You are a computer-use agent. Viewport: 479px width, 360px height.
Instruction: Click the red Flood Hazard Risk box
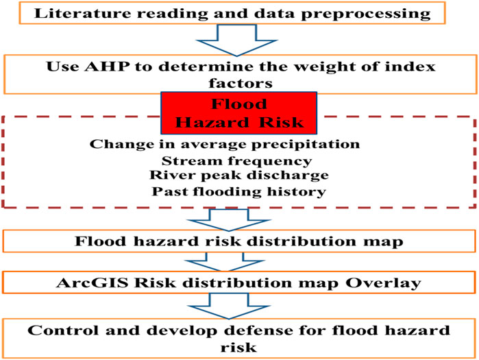[x=239, y=113]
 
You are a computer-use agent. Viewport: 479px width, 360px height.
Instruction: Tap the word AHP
[x=107, y=67]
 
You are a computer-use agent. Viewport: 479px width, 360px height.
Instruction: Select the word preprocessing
[x=366, y=14]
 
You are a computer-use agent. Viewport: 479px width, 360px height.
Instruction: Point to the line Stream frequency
[x=236, y=161]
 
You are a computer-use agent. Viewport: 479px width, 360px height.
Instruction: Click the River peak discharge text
[x=239, y=176]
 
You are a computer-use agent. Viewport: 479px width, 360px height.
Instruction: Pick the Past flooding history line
[x=239, y=192]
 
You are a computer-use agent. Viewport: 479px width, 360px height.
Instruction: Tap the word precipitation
[x=306, y=145]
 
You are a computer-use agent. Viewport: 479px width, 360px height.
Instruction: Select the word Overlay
[x=383, y=283]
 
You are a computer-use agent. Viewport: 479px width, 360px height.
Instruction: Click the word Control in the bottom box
[x=63, y=331]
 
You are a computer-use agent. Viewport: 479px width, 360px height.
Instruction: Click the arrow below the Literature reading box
[x=236, y=40]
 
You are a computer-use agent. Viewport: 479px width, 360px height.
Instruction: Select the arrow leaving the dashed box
[x=228, y=219]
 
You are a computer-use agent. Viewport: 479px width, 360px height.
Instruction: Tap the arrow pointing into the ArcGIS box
[x=225, y=261]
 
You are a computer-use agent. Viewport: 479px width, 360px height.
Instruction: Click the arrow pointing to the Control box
[x=228, y=307]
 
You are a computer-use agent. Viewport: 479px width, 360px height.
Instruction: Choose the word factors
[x=241, y=83]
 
